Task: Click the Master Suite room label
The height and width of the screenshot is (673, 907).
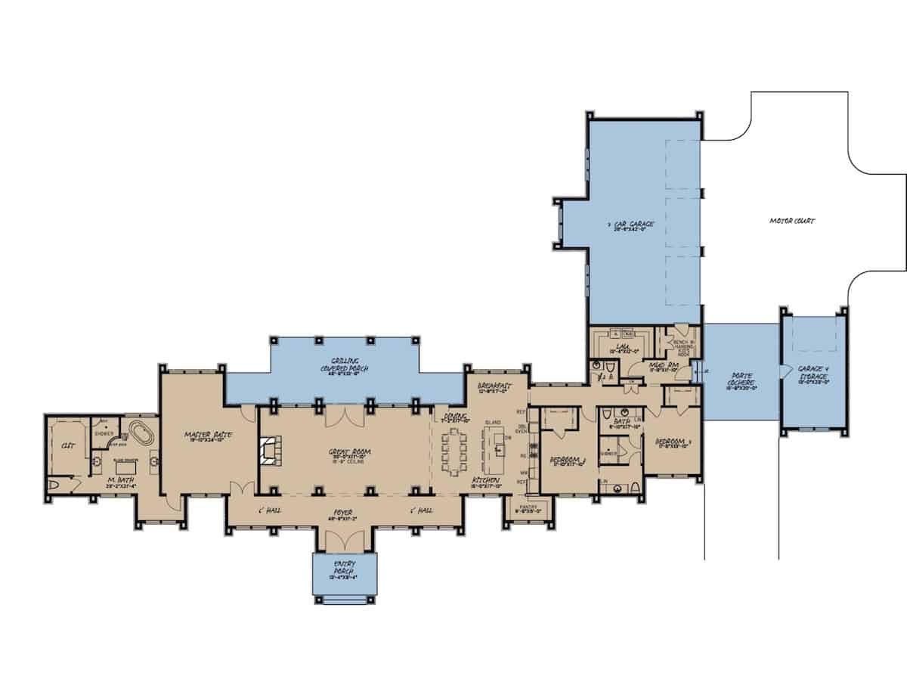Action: click(x=209, y=435)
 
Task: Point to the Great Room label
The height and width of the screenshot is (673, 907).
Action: click(x=347, y=453)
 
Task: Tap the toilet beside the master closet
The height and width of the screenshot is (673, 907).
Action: click(x=54, y=485)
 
